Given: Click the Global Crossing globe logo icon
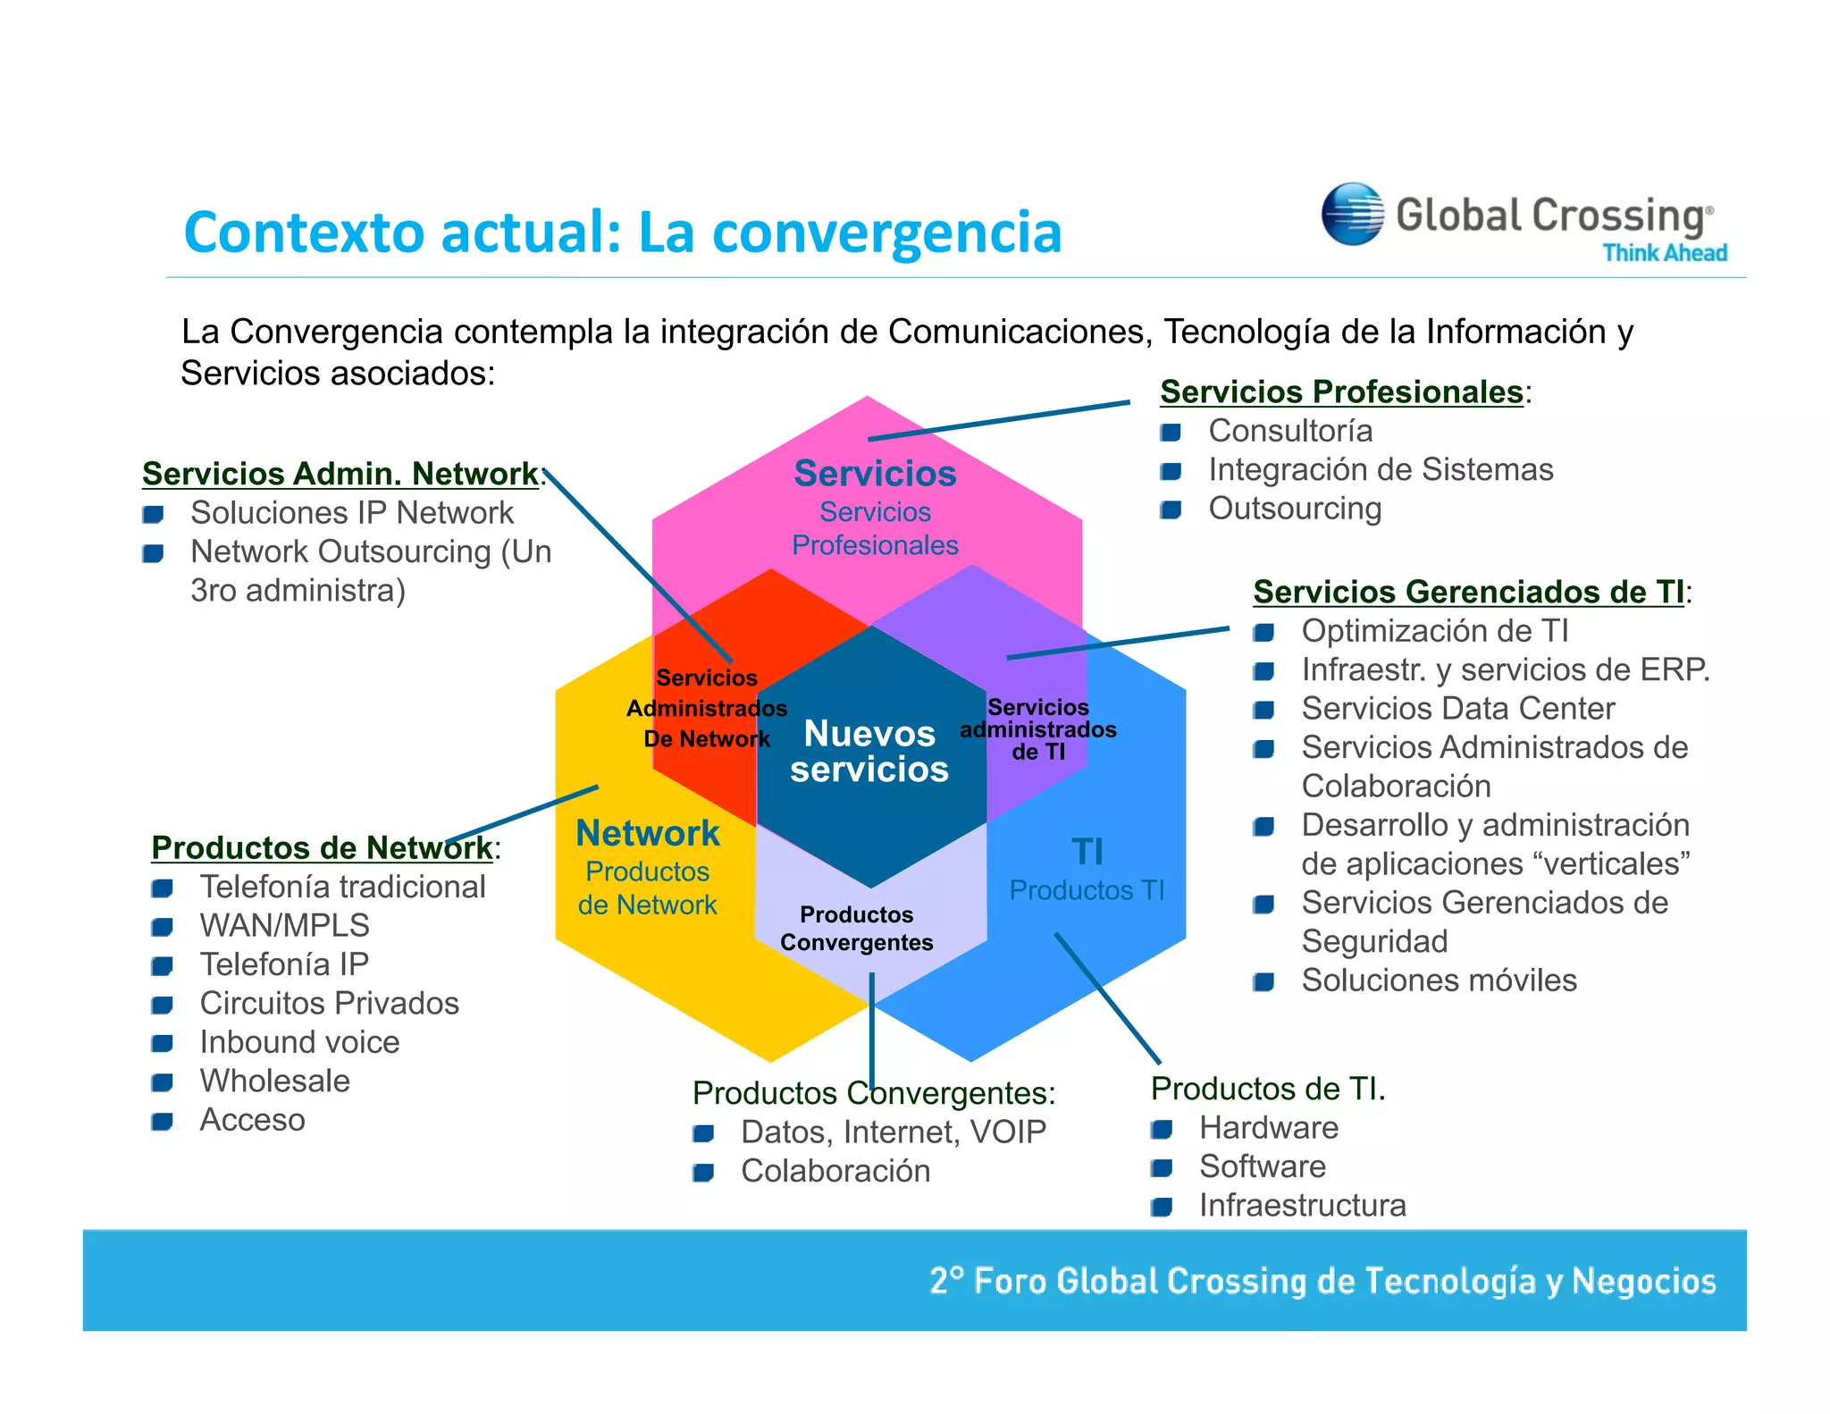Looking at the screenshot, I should (1352, 214).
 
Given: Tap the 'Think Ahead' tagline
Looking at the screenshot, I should (1664, 253).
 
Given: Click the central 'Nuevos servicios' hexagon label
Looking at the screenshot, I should (869, 752).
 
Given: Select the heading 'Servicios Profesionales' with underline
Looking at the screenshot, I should (1340, 391).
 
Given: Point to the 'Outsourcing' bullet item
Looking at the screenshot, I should (1294, 509).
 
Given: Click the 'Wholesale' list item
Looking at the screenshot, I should (274, 1081).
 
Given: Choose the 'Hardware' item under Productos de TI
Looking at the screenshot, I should (1268, 1127).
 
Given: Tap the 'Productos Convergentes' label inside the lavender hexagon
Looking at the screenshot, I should (856, 929).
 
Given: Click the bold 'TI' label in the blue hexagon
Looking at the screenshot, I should (1087, 851).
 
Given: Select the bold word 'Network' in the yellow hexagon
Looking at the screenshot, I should (647, 833).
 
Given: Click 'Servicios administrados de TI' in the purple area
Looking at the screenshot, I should (1037, 729).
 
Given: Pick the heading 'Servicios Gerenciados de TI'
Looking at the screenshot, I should (1468, 592).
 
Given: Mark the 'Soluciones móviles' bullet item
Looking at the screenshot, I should (1439, 980).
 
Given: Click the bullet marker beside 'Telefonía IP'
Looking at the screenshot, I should (162, 965).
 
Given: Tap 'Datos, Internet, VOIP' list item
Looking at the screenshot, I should (893, 1132).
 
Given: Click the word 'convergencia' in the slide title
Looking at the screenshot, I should (886, 232).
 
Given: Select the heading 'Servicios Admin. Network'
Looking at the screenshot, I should (340, 474).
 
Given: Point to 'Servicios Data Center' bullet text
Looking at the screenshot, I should (1457, 708).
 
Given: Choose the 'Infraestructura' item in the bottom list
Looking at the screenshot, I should (1302, 1205).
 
